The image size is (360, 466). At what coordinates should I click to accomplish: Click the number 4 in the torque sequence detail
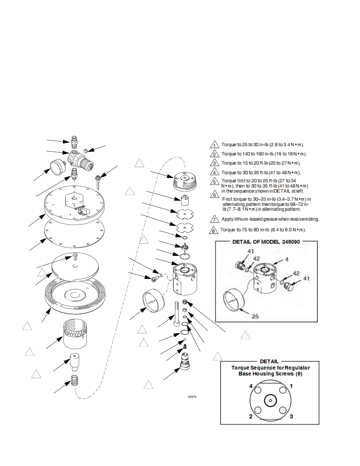[251, 386]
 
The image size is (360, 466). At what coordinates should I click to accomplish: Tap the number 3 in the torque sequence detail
[291, 416]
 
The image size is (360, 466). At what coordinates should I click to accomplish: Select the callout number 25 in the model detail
[255, 317]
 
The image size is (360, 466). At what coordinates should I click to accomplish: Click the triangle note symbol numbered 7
[215, 219]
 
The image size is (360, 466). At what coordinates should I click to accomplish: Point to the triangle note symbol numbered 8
[214, 230]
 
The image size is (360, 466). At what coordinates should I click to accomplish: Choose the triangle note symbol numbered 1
[215, 145]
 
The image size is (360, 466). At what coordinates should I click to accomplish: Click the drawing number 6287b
[192, 397]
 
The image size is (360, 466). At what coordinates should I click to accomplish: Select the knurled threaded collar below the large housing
[75, 335]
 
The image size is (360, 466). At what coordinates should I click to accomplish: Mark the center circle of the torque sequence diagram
[270, 400]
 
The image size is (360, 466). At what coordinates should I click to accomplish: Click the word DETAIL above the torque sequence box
[269, 361]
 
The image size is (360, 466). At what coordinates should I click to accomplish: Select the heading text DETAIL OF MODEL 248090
[266, 242]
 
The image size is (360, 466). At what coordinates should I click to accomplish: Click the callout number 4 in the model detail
[287, 259]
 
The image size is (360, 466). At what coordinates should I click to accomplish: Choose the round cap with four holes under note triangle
[184, 180]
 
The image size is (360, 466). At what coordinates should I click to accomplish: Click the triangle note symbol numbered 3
[215, 164]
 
